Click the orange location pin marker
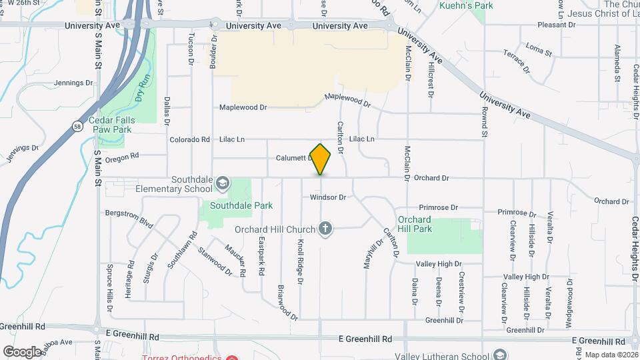pyautogui.click(x=321, y=159)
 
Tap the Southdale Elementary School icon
pyautogui.click(x=223, y=183)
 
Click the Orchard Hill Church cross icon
pyautogui.click(x=325, y=230)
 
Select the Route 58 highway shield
pyautogui.click(x=78, y=127)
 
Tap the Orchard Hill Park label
pyautogui.click(x=415, y=224)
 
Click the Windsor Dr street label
pyautogui.click(x=328, y=197)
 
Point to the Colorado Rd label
pyautogui.click(x=189, y=139)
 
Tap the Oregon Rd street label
pyautogui.click(x=121, y=157)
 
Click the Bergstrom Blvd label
pyautogui.click(x=129, y=217)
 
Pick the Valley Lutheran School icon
pyautogui.click(x=501, y=355)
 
